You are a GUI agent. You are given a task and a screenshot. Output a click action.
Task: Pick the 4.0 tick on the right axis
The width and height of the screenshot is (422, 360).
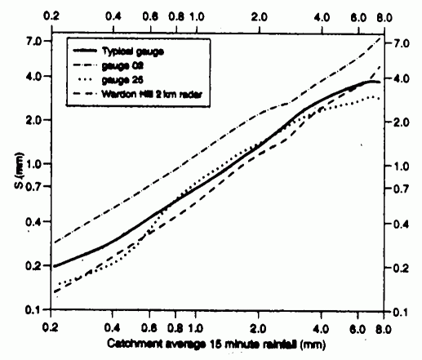click(x=400, y=78)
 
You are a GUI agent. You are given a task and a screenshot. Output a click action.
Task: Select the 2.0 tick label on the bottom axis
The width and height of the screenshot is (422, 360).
click(x=259, y=327)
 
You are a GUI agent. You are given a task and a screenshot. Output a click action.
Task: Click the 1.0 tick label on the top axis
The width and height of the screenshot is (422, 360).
click(x=197, y=16)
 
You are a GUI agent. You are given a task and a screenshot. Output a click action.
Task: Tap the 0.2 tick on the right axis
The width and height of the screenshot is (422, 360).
click(x=400, y=268)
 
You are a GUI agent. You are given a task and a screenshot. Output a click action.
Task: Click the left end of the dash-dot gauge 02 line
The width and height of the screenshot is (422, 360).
click(x=54, y=242)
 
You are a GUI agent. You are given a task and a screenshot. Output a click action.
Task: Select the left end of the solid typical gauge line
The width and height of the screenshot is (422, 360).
click(x=54, y=266)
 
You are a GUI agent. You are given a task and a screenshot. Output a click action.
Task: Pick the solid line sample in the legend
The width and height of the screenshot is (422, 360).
click(x=82, y=51)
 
